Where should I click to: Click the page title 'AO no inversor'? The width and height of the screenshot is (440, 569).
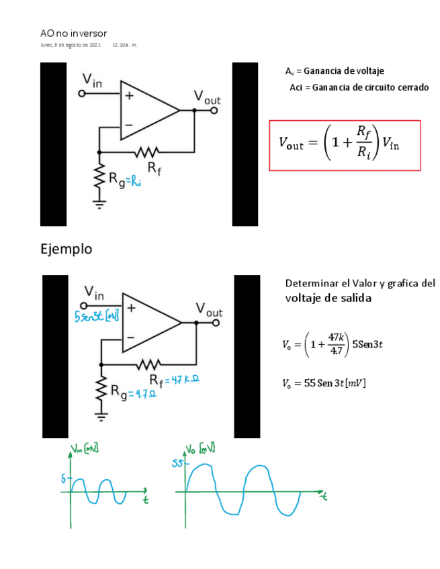[73, 34]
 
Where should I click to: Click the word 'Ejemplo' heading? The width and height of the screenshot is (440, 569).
[67, 249]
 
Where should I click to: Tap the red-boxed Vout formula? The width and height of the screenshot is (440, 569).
[344, 145]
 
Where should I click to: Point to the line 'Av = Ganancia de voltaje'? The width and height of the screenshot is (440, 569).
[335, 71]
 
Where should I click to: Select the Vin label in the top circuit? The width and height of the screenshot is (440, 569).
[92, 81]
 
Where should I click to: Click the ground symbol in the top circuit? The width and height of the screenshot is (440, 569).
[99, 205]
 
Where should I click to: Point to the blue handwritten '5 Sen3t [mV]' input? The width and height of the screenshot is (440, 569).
[97, 316]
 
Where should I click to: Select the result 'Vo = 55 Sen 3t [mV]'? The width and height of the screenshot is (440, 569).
[324, 384]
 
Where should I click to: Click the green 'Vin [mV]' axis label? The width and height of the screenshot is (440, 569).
[85, 448]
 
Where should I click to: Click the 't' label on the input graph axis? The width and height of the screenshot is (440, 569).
[145, 499]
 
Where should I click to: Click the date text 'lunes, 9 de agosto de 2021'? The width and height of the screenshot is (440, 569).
[71, 45]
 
